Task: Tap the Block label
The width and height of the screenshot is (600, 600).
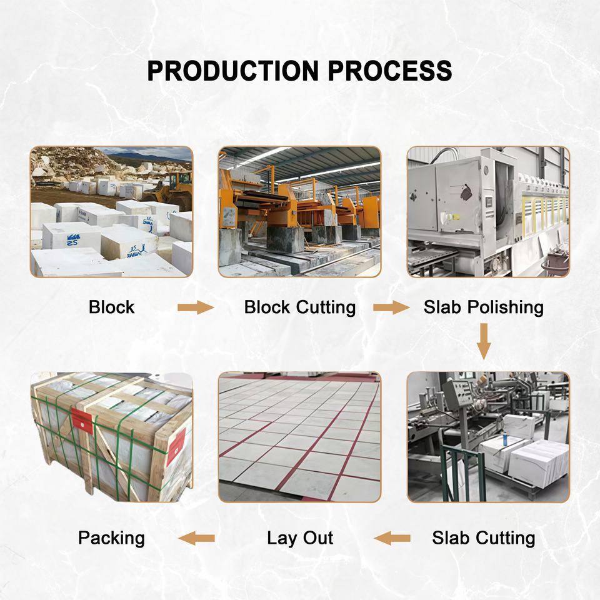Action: pos(111,307)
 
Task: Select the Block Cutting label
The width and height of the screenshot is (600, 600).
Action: pos(299,307)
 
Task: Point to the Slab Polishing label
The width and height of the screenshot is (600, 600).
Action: pos(483,307)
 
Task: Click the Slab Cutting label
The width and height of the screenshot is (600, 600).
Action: pos(483,537)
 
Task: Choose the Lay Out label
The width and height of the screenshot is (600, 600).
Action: pos(300,537)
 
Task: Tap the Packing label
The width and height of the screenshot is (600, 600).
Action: pos(111,537)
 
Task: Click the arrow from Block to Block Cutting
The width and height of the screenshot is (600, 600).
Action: pos(195,307)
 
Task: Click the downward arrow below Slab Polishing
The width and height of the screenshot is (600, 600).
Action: pos(483,341)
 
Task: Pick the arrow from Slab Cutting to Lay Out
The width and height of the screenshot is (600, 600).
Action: pos(392,537)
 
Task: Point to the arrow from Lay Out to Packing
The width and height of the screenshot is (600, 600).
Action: pos(196,537)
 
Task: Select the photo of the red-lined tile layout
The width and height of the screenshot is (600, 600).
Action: pos(299,437)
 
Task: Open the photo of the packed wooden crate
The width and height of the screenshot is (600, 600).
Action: pos(111,437)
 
